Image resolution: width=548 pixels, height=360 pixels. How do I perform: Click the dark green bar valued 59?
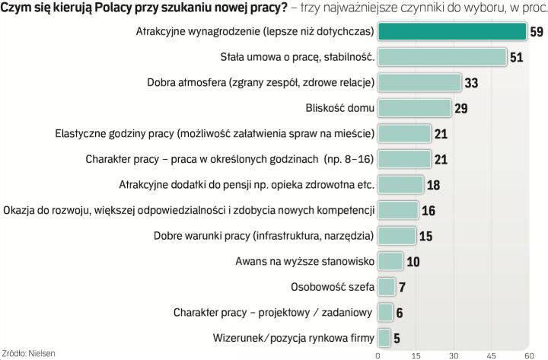452,32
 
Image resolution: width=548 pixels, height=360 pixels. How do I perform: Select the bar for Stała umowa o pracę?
442,57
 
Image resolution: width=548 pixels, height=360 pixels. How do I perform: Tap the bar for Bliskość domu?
415,108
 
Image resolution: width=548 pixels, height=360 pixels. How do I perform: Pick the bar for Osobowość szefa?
387,287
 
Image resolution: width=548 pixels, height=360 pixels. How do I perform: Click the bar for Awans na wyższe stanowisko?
390,262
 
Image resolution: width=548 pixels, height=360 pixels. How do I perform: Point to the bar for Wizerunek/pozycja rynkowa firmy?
384,338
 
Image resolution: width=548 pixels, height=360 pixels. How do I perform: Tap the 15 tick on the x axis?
416,355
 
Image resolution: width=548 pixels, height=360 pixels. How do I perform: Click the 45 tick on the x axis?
490,355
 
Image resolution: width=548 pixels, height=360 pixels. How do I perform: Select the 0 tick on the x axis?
378,355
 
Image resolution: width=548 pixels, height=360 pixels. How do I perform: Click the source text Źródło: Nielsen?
29,353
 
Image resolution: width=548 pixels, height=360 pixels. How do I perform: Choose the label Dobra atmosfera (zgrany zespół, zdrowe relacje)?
260,83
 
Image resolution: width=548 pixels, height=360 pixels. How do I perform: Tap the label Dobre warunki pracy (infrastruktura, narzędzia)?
263,236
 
